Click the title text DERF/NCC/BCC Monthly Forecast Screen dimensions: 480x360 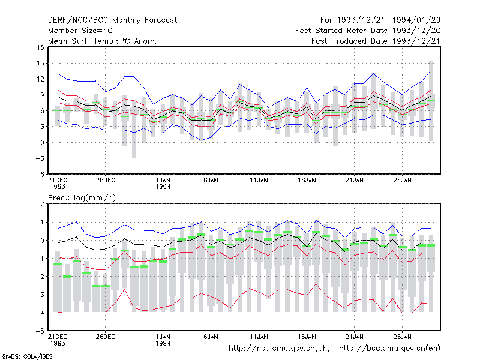coord(112,20)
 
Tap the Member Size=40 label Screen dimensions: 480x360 coord(80,31)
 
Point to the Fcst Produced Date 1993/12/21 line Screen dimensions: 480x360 coord(376,41)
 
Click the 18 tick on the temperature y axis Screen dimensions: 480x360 coord(41,47)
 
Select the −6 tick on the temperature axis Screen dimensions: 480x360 coord(40,174)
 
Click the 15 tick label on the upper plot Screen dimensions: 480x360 coord(41,64)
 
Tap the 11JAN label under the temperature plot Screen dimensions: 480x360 coord(259,180)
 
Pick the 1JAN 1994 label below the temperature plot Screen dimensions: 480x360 coord(163,183)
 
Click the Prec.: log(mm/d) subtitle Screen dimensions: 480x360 coord(82,198)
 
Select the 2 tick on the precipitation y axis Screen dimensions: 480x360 coord(42,204)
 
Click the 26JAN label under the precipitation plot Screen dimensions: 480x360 coord(402,337)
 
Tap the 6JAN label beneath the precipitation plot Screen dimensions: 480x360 coord(211,337)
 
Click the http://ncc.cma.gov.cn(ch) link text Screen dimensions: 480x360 coord(279,349)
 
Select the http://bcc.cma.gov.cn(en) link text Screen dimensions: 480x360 coord(389,349)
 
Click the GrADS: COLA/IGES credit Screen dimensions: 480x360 coord(27,356)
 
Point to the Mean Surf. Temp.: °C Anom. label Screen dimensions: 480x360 coord(103,41)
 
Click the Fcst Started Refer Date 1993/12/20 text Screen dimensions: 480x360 coord(368,31)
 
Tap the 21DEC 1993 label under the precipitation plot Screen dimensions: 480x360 coord(58,340)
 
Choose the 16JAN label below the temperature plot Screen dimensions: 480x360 coord(307,180)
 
